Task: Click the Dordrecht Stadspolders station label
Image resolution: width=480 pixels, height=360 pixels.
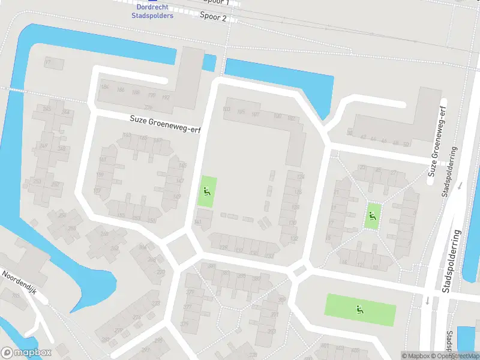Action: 152,11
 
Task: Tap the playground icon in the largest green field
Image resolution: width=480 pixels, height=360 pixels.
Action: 359,310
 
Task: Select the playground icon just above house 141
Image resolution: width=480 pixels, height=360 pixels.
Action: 207,192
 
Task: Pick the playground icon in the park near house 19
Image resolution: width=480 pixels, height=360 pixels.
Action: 373,215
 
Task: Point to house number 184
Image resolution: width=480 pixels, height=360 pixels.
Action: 106,88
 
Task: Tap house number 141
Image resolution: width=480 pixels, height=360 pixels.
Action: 198,222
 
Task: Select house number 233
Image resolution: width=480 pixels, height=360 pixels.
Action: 269,255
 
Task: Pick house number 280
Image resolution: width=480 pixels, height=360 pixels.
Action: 106,339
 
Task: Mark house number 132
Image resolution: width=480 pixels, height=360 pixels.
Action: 293,238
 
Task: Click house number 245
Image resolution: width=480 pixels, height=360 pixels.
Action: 43,146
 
